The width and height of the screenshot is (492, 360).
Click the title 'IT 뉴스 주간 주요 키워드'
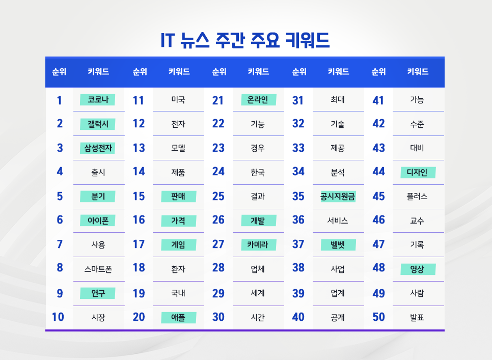(x=245, y=40)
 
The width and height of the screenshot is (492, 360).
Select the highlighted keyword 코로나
(x=98, y=100)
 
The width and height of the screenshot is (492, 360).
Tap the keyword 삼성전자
(x=98, y=148)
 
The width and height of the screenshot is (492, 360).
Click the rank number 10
(x=58, y=317)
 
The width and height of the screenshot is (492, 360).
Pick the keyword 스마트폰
(x=98, y=269)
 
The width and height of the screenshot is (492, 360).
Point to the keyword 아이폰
(x=98, y=220)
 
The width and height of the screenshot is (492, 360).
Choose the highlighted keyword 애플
(x=178, y=318)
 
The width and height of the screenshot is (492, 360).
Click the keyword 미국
(x=178, y=100)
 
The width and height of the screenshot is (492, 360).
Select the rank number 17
(x=139, y=244)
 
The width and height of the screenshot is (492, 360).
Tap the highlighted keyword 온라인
(x=258, y=100)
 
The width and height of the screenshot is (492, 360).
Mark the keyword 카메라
(x=258, y=245)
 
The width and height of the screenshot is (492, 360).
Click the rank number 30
(x=218, y=317)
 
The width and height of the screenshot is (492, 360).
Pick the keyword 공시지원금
(x=338, y=197)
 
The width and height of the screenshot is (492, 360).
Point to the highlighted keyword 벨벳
(x=338, y=245)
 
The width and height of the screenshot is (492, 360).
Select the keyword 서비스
(x=338, y=220)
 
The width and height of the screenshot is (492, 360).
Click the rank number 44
(x=378, y=172)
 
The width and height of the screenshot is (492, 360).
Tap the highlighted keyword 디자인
(x=417, y=173)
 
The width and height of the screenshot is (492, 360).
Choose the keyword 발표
(x=417, y=318)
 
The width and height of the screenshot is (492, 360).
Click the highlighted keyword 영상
(x=417, y=269)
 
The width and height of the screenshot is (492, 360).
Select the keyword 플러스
(x=417, y=197)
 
